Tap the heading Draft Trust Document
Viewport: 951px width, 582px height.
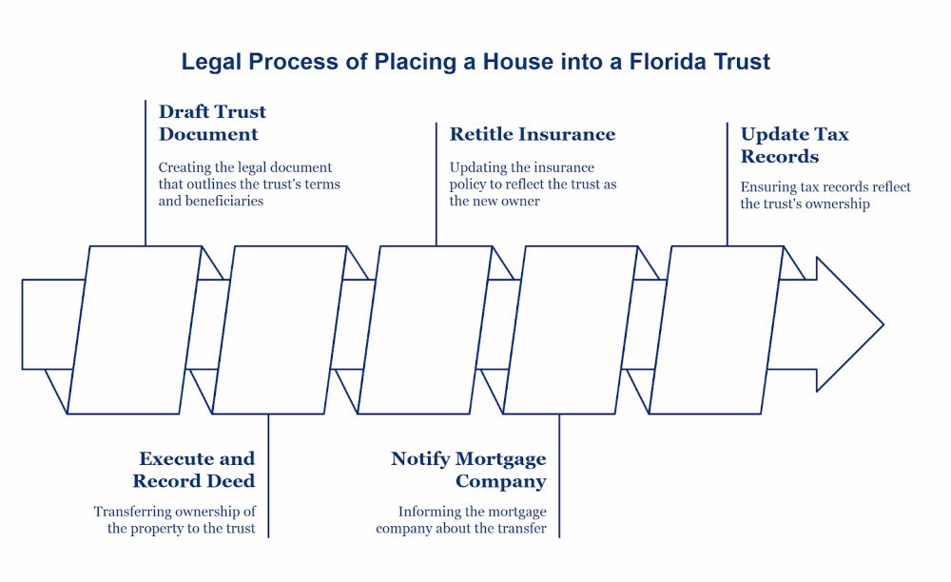pos(212,123)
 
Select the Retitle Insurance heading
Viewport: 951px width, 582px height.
pos(533,134)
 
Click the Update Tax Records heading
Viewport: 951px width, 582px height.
pos(794,145)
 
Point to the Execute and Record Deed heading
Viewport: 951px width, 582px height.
pos(194,470)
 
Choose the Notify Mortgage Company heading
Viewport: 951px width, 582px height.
pos(469,470)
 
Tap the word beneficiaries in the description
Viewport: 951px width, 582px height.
pos(223,201)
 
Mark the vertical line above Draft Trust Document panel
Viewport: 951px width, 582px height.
pos(146,171)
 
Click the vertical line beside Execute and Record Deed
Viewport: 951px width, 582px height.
pos(268,475)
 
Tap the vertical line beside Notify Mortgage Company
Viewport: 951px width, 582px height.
pos(559,475)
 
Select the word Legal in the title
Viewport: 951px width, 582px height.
pos(212,63)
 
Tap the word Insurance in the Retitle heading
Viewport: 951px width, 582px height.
pos(569,134)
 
